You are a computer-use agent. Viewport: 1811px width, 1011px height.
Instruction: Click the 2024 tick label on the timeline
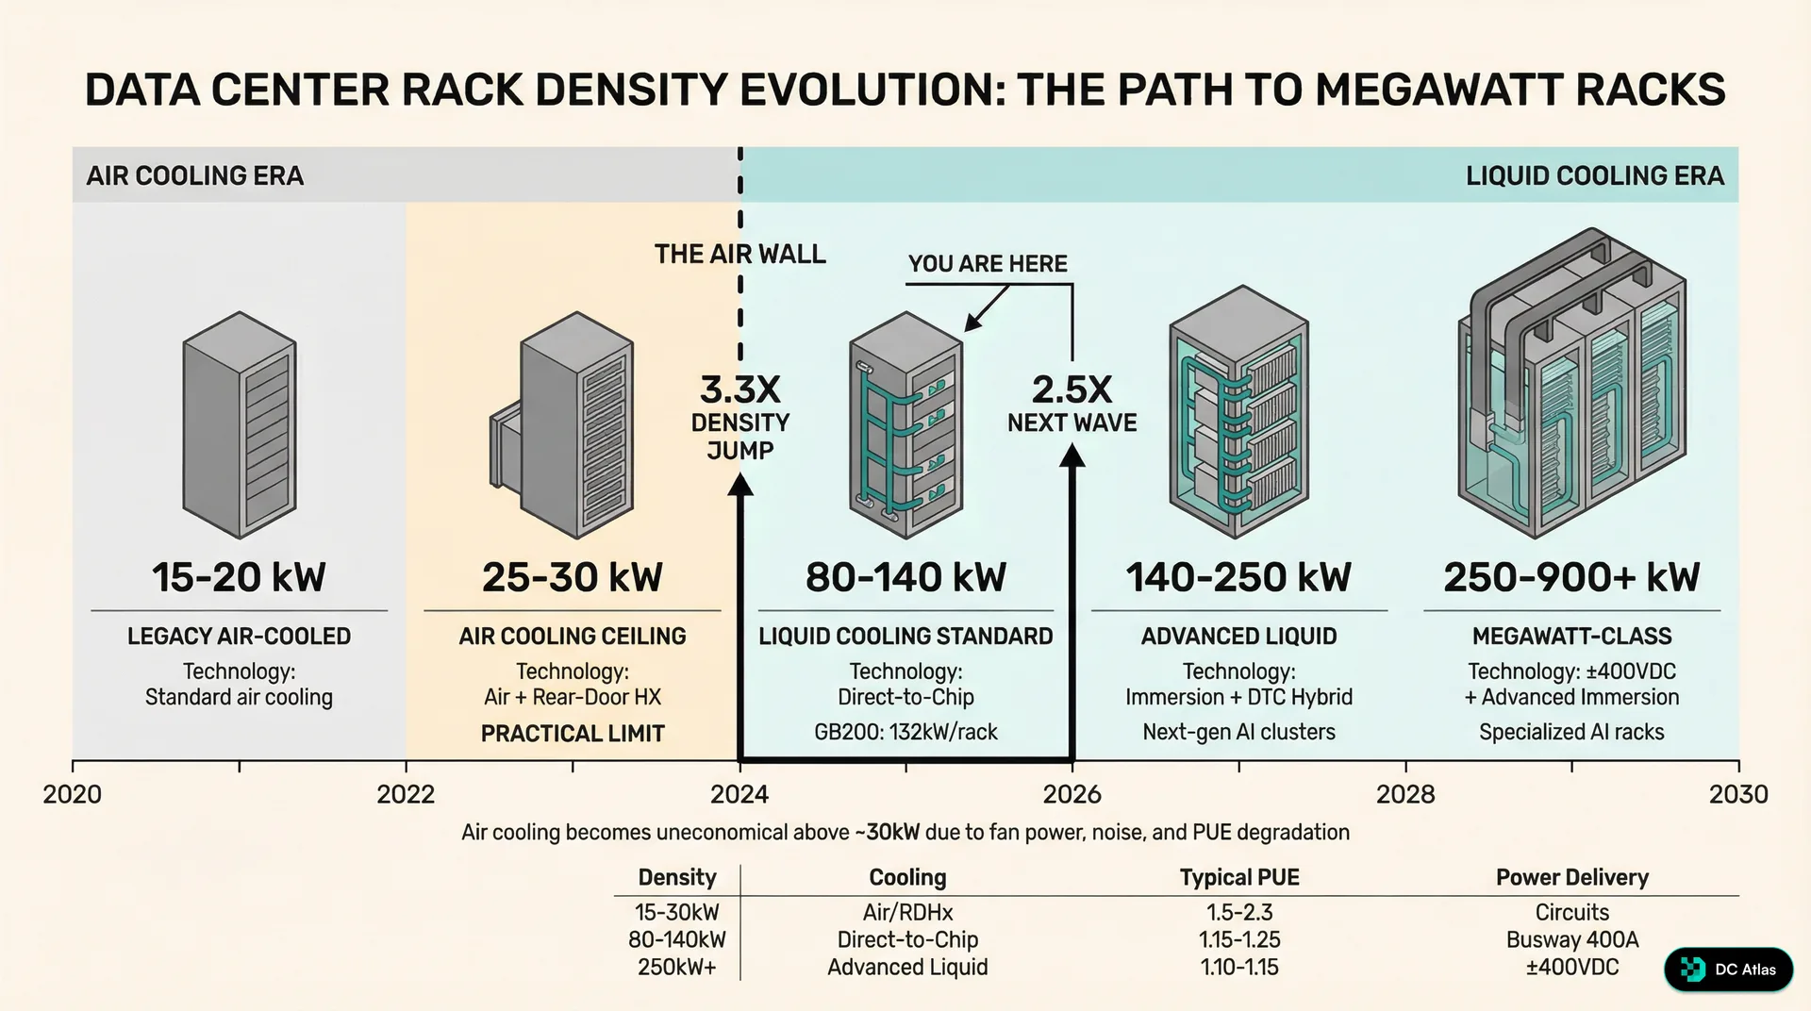tap(739, 794)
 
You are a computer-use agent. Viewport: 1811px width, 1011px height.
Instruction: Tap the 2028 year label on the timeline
tap(1404, 794)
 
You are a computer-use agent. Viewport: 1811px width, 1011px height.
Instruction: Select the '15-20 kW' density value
tap(239, 577)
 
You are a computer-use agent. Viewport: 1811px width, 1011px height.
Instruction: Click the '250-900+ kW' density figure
tap(1571, 577)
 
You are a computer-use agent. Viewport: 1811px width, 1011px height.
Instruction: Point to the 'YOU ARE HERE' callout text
tap(988, 264)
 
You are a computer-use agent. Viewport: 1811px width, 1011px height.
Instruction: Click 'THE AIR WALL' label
tap(739, 254)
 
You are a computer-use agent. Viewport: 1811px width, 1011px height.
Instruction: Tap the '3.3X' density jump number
tap(739, 389)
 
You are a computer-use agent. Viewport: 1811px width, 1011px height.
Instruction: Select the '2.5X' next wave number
tap(1072, 389)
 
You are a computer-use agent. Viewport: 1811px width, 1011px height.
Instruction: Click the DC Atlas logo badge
tap(1728, 969)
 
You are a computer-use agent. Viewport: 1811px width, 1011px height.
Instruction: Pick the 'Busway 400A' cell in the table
tap(1571, 939)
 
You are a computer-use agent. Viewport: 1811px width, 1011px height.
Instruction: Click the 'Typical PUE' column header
tap(1238, 877)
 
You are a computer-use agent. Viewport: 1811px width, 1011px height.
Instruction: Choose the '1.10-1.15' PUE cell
tap(1238, 967)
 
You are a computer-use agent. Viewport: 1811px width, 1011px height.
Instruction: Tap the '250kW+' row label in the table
tap(676, 967)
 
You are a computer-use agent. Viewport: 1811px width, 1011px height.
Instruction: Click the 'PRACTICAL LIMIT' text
tap(573, 733)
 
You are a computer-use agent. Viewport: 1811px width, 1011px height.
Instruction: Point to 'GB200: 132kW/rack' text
tap(905, 732)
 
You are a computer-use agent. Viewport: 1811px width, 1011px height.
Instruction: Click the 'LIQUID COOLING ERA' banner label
tap(1594, 175)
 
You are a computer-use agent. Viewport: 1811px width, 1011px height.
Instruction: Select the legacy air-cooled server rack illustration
tap(240, 424)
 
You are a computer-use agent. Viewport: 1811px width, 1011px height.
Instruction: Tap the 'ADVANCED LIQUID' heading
tap(1238, 636)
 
